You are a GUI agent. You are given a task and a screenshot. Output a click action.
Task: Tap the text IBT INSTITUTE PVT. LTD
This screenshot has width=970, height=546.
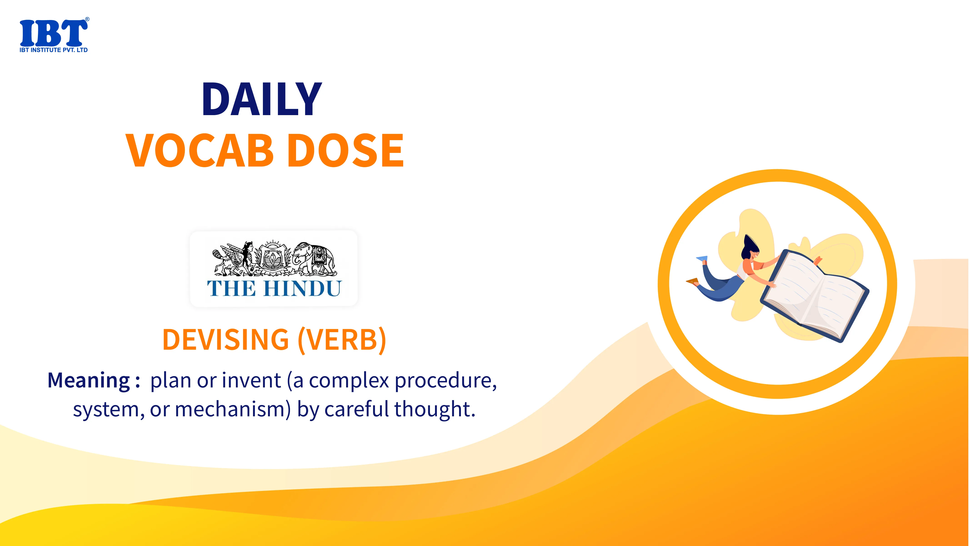[53, 50]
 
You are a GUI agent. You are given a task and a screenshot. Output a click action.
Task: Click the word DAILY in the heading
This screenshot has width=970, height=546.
[262, 99]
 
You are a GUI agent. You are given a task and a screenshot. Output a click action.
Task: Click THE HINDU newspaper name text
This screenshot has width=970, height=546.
[274, 289]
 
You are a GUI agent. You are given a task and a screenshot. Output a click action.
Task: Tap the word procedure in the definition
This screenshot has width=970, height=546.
[446, 381]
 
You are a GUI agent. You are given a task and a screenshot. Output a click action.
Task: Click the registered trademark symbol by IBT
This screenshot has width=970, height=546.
[87, 19]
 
